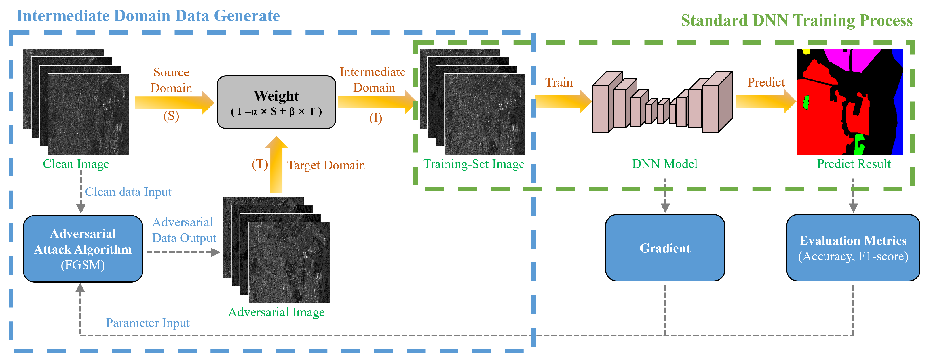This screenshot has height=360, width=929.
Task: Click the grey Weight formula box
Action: pyautogui.click(x=276, y=102)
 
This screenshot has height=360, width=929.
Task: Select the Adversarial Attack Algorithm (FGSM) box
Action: pyautogui.click(x=83, y=249)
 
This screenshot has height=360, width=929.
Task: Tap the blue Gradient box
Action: pyautogui.click(x=665, y=248)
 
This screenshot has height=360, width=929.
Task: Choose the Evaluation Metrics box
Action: pyautogui.click(x=853, y=248)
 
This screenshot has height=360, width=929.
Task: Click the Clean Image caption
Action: pyautogui.click(x=76, y=164)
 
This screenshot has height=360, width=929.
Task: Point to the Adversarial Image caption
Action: pyautogui.click(x=276, y=312)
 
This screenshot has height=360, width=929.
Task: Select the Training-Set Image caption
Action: pyautogui.click(x=474, y=164)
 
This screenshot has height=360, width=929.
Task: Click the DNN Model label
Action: pyautogui.click(x=664, y=164)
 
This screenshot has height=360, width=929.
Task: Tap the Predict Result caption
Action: pyautogui.click(x=854, y=164)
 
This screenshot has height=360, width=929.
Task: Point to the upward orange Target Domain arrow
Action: pyautogui.click(x=276, y=164)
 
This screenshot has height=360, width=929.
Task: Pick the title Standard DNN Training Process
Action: pyautogui.click(x=796, y=20)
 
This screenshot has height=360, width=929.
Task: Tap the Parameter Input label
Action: pyautogui.click(x=147, y=323)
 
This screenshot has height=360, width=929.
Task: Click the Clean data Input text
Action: pyautogui.click(x=128, y=192)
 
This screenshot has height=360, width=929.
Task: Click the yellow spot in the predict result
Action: pyautogui.click(x=806, y=52)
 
